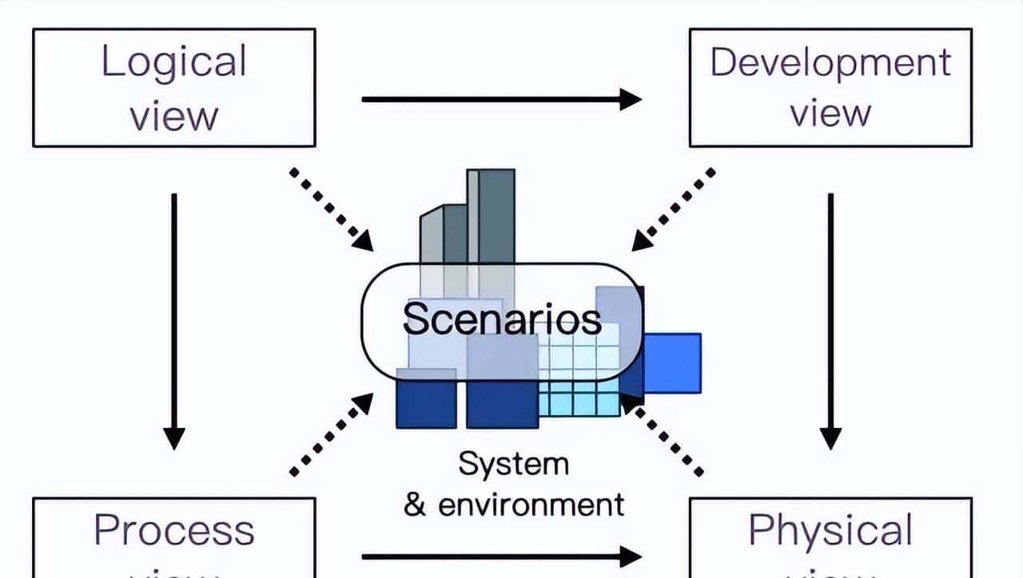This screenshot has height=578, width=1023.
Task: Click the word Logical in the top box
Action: [x=173, y=63]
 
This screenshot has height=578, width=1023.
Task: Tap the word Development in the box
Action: [x=830, y=63]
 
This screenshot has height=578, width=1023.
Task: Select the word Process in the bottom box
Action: [x=173, y=530]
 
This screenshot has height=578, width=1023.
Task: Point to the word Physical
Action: [x=830, y=530]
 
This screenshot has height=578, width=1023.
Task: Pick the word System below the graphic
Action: [x=513, y=464]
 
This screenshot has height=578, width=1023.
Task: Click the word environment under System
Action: [x=530, y=505]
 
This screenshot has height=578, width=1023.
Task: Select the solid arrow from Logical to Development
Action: [x=501, y=99]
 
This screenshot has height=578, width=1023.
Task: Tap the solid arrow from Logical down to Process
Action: [x=174, y=319]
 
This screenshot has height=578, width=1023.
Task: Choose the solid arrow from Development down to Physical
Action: [x=830, y=319]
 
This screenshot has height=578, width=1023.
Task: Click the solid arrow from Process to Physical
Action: [x=501, y=556]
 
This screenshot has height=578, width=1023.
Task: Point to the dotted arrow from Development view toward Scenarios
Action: [x=673, y=208]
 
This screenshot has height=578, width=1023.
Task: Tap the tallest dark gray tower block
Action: [x=496, y=216]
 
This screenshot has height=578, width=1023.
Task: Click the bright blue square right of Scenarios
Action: [x=672, y=363]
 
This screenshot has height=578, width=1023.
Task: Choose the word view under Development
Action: [x=830, y=113]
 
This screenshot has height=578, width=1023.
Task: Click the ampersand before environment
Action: [x=415, y=505]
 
